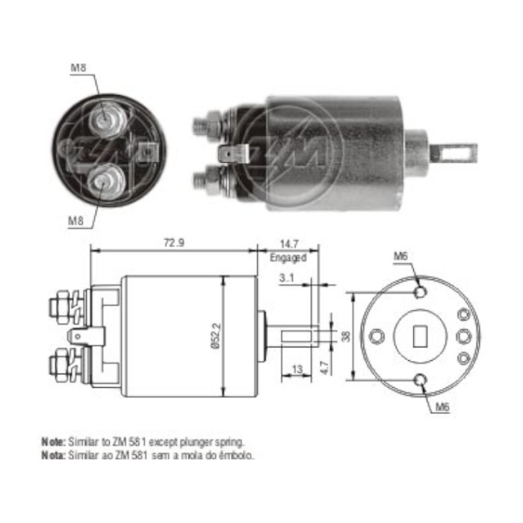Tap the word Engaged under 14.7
click(x=288, y=258)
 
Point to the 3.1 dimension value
click(x=286, y=278)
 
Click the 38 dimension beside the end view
click(x=344, y=336)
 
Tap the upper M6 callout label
click(x=401, y=256)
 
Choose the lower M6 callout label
click(x=442, y=408)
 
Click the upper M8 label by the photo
click(x=78, y=69)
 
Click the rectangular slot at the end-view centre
click(x=419, y=336)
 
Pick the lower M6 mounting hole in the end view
click(x=421, y=380)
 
